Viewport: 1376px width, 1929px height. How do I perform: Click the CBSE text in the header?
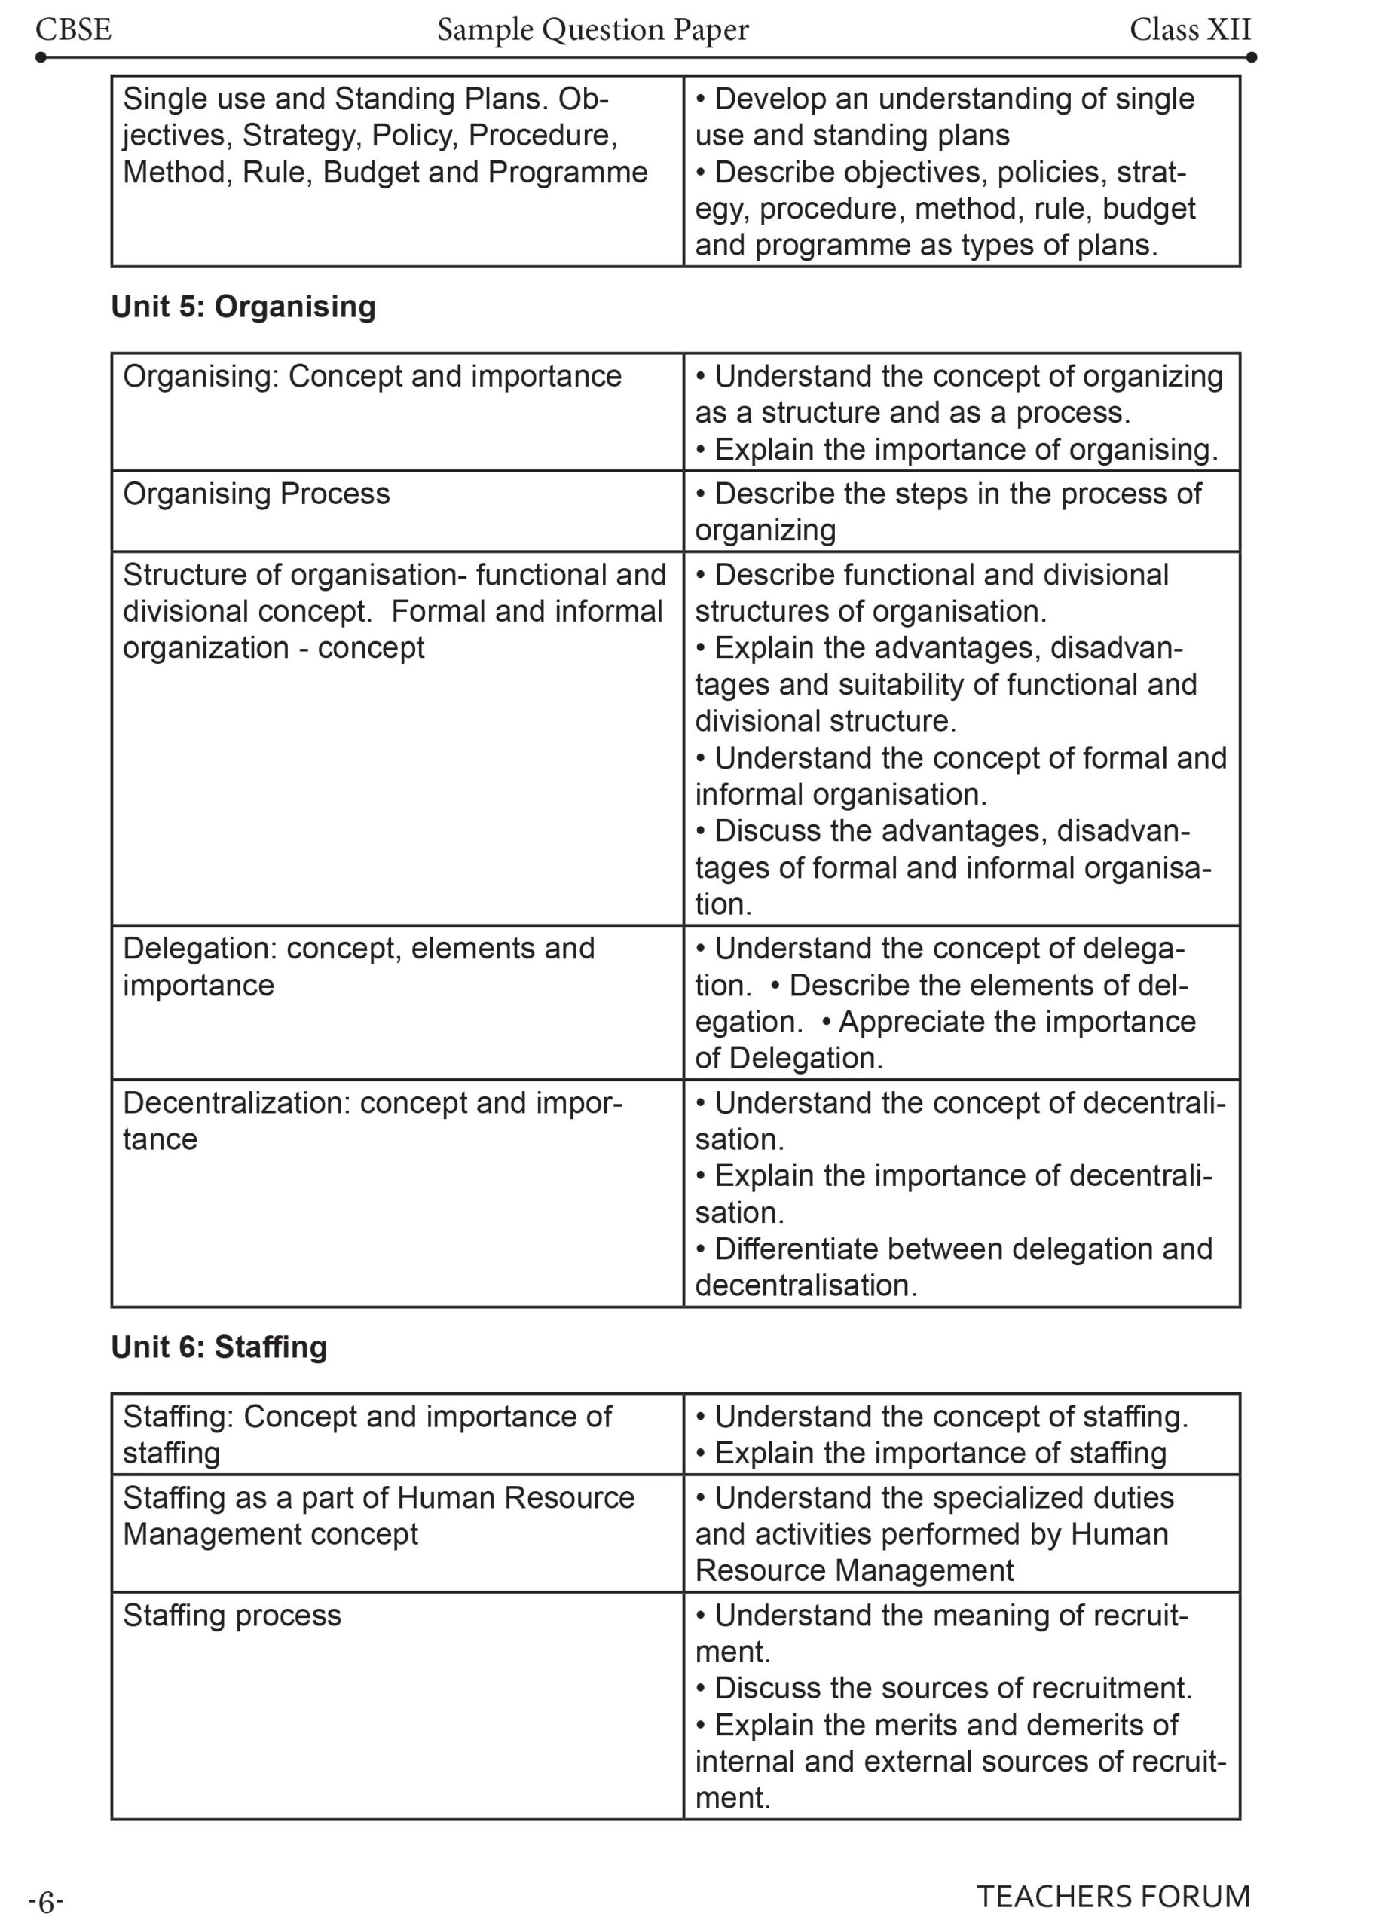click(74, 29)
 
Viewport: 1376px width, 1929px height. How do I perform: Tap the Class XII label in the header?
click(1189, 29)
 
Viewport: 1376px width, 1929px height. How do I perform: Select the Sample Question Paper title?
click(592, 29)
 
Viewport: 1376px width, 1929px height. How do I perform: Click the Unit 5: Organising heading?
click(243, 307)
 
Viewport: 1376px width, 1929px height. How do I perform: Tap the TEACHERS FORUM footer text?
click(1112, 1896)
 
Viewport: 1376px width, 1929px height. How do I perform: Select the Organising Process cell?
click(256, 494)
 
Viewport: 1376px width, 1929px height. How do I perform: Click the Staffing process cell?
click(231, 1615)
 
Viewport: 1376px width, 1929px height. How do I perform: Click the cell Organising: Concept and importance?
click(372, 376)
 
